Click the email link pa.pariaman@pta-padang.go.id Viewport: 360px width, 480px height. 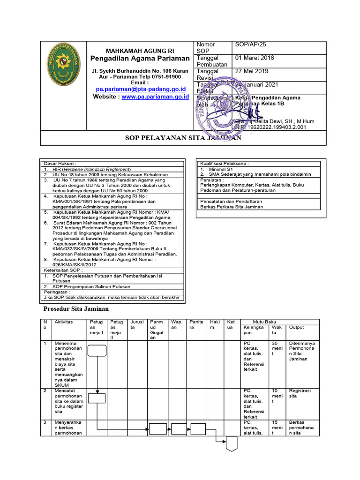point(141,89)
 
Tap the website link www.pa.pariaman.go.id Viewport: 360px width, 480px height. point(155,97)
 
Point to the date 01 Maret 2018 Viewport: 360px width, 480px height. point(255,58)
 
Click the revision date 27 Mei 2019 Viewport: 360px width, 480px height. point(251,71)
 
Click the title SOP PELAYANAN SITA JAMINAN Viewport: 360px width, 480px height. point(183,138)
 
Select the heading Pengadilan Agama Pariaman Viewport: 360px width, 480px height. point(140,59)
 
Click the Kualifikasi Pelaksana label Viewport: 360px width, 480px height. point(225,164)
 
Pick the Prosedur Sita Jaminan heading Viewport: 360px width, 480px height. point(76,309)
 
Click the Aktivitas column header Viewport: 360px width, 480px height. point(64,322)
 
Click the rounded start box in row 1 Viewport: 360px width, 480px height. point(97,350)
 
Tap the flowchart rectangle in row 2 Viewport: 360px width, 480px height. point(97,398)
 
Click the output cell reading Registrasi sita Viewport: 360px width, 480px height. point(300,393)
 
